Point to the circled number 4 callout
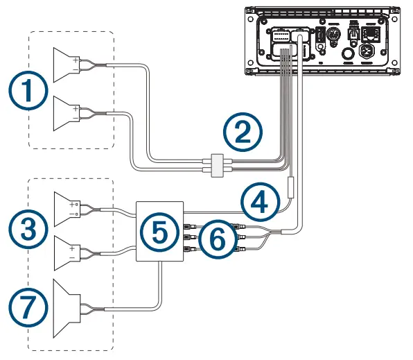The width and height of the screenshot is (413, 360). click(261, 202)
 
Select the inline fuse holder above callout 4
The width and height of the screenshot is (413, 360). click(292, 187)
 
